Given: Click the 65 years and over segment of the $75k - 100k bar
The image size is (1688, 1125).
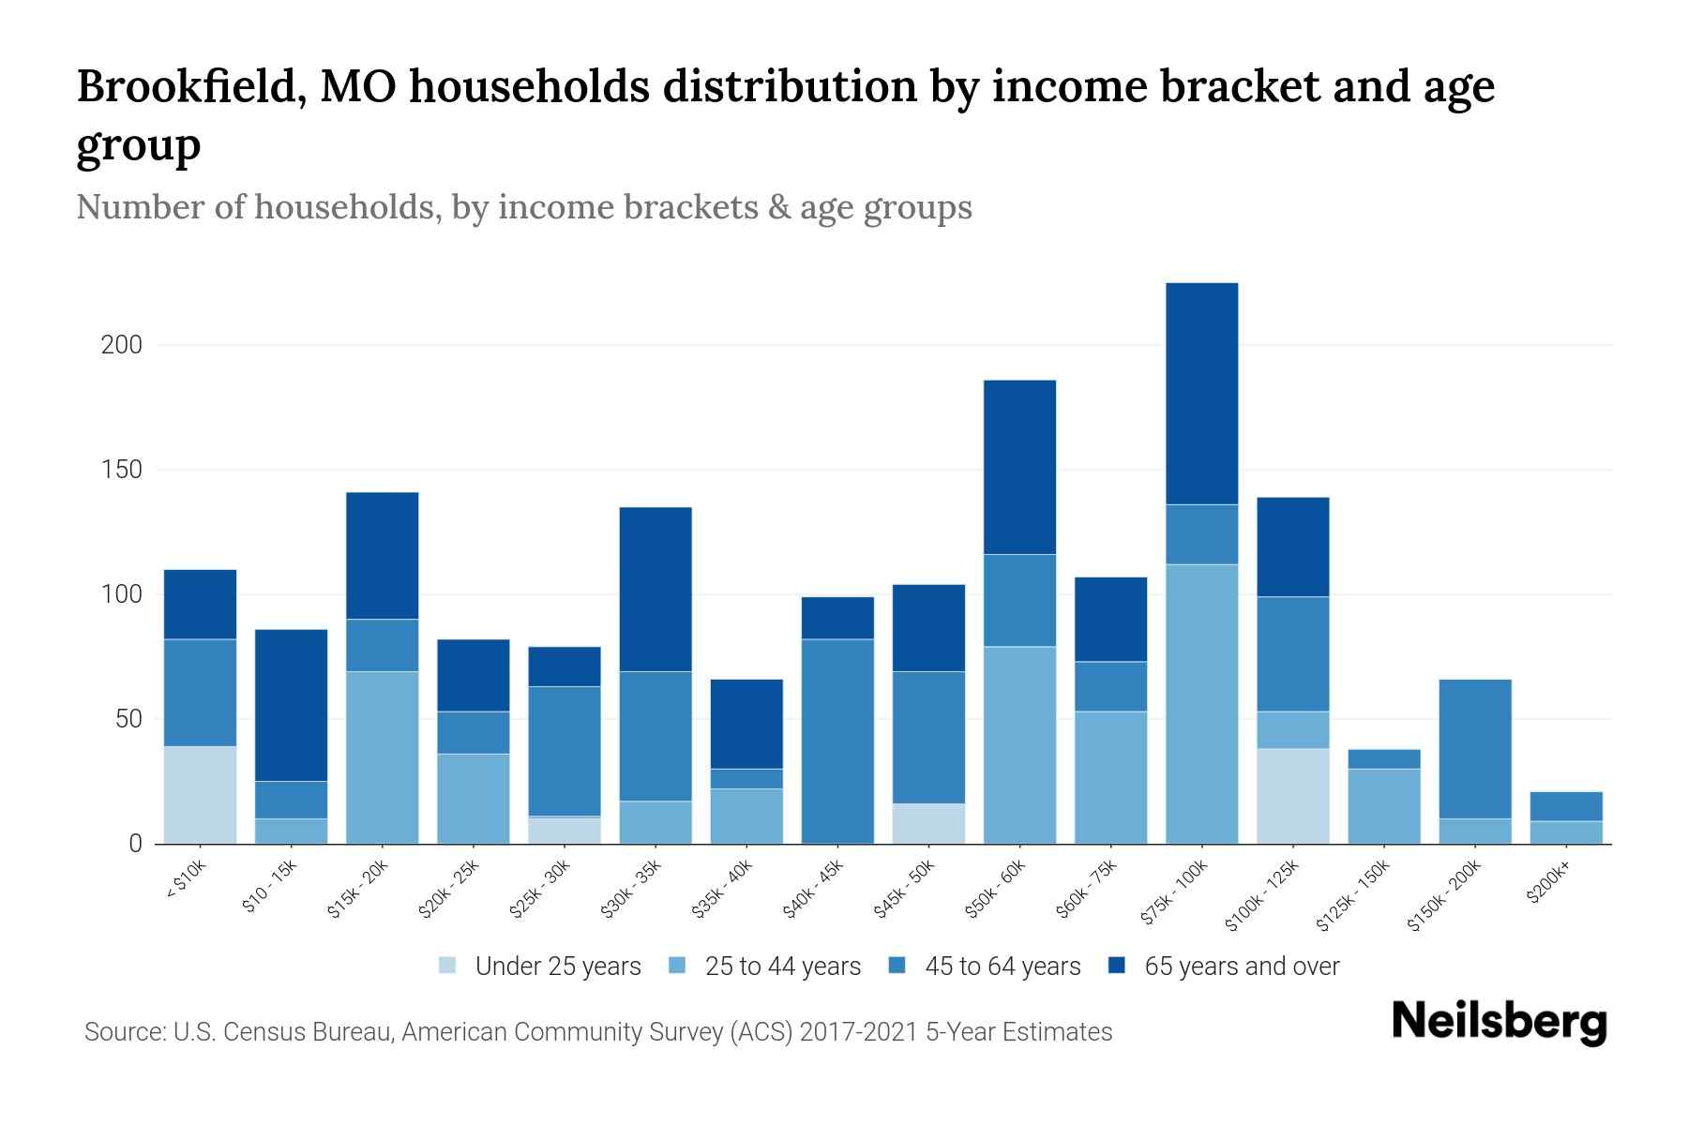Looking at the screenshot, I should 1201,394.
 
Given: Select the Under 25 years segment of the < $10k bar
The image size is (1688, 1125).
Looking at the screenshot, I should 200,795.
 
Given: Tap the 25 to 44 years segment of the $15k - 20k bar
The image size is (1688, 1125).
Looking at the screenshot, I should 382,757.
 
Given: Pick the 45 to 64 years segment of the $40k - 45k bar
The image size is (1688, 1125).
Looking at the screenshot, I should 837,741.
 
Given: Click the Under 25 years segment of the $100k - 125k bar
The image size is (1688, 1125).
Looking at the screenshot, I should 1292,796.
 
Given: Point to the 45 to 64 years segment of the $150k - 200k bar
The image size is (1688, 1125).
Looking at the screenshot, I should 1474,749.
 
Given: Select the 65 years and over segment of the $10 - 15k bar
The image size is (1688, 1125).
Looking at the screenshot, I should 291,705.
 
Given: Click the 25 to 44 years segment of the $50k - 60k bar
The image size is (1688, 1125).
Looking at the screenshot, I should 1019,745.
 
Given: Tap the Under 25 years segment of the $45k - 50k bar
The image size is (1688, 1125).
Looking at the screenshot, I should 928,823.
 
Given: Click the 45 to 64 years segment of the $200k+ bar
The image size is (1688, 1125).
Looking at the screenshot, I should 1565,806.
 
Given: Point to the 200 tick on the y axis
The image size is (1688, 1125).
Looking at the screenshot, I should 122,345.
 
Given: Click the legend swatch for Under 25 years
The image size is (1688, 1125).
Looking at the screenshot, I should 448,966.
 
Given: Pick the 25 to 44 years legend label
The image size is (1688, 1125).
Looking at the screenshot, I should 782,966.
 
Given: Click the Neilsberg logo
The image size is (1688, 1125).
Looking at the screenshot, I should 1499,1021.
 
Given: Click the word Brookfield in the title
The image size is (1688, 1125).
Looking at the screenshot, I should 188,86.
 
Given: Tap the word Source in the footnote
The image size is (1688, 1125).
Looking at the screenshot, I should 123,1032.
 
